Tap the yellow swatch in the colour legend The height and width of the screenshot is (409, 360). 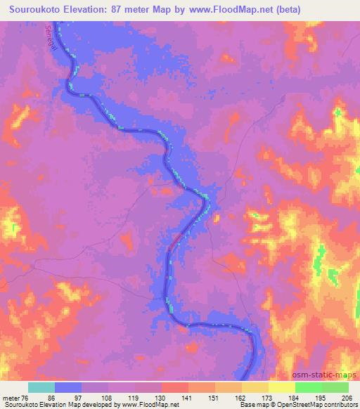(282, 387)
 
